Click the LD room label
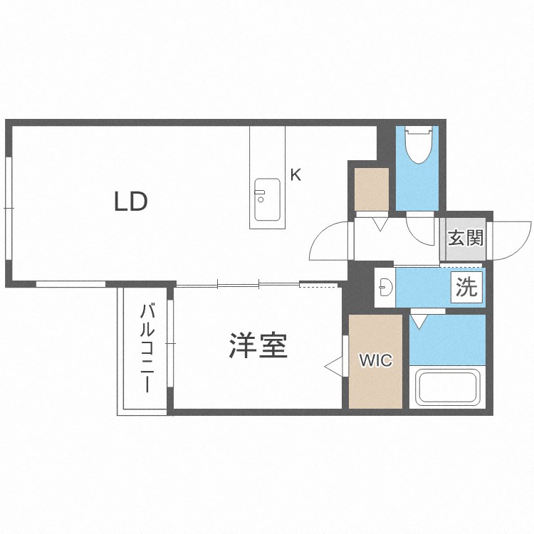pos(131,202)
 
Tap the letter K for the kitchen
pos(295,174)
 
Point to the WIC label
pos(375,360)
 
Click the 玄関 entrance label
pos(466,237)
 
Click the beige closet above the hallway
pos(372,189)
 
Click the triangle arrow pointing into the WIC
pos(333,366)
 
